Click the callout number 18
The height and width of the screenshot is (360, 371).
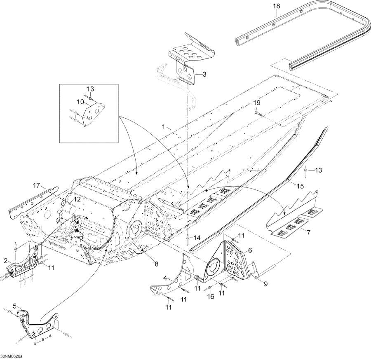click(276, 7)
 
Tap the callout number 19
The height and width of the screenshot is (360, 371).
click(257, 102)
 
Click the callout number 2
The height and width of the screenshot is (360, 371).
click(6, 260)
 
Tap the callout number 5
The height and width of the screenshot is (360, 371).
click(15, 306)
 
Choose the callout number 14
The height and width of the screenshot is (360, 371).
click(197, 238)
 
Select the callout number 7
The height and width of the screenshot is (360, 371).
click(309, 234)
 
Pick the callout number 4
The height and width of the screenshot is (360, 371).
click(164, 278)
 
